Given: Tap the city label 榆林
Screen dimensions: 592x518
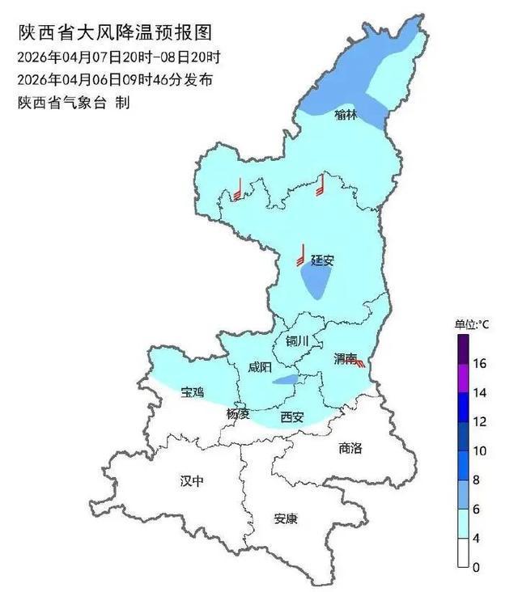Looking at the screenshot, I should [x=345, y=115].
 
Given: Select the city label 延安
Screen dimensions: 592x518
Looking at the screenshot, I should [x=322, y=260].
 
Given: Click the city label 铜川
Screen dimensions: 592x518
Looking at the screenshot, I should [x=297, y=341].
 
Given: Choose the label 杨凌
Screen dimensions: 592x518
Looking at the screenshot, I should [x=238, y=414].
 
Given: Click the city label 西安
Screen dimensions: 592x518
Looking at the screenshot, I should [x=291, y=417].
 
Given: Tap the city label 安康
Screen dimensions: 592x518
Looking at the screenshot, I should [x=285, y=518].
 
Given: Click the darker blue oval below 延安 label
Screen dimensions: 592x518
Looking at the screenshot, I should [x=315, y=282].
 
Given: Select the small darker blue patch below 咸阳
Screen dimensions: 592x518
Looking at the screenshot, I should [x=284, y=380].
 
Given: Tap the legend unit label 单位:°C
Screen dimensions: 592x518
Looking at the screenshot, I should [x=472, y=323].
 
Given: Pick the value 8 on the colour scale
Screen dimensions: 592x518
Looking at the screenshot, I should [x=478, y=480].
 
